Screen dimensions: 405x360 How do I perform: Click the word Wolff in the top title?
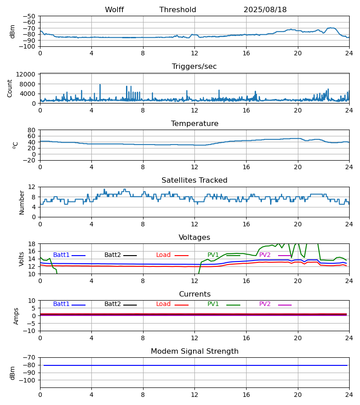pos(114,10)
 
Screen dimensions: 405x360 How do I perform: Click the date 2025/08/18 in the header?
pos(265,10)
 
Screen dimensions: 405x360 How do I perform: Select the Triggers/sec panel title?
pos(194,67)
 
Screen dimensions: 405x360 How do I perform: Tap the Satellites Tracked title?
pos(194,180)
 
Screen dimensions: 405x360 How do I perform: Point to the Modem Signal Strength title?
pos(194,351)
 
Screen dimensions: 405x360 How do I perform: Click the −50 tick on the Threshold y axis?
pos(30,16)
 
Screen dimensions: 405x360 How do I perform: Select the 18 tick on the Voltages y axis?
pos(32,244)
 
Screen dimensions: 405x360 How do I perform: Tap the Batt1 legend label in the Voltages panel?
pos(61,255)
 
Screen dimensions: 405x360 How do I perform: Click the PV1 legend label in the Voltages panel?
pos(213,255)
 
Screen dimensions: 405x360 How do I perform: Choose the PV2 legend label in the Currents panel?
pos(265,304)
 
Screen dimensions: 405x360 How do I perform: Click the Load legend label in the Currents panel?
pos(163,304)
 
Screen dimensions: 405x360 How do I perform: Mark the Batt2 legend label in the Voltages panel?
pos(112,255)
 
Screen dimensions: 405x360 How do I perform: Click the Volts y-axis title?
pos(22,259)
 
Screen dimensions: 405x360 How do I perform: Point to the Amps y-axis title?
pos(17,316)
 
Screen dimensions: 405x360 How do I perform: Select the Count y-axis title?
pos(10,88)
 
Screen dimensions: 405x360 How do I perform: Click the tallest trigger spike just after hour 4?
pos(100,85)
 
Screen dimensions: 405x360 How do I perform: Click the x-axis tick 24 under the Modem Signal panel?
pos(349,395)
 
